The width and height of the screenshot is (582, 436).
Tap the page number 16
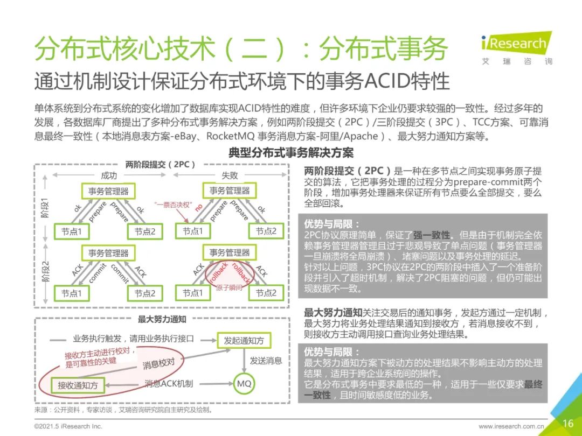pyautogui.click(x=567, y=424)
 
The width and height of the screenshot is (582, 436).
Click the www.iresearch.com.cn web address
pyautogui.click(x=511, y=426)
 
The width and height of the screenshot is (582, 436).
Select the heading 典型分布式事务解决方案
pyautogui.click(x=291, y=153)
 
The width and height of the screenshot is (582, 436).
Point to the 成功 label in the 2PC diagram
pyautogui.click(x=109, y=175)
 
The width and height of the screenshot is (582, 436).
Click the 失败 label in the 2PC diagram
pyautogui.click(x=230, y=175)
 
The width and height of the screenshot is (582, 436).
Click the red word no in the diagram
pyautogui.click(x=199, y=207)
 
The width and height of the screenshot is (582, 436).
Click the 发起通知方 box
pyautogui.click(x=244, y=340)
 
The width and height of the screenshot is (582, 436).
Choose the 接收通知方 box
pyautogui.click(x=78, y=385)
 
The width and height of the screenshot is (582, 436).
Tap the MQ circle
pyautogui.click(x=244, y=384)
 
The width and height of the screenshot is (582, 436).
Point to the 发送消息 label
pyautogui.click(x=266, y=361)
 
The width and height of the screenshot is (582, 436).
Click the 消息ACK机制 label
pyautogui.click(x=169, y=384)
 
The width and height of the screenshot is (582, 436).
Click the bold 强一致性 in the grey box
pyautogui.click(x=432, y=235)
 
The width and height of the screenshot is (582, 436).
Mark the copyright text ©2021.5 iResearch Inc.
pyautogui.click(x=68, y=426)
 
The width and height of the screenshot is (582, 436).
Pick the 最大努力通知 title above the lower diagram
pyautogui.click(x=162, y=319)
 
